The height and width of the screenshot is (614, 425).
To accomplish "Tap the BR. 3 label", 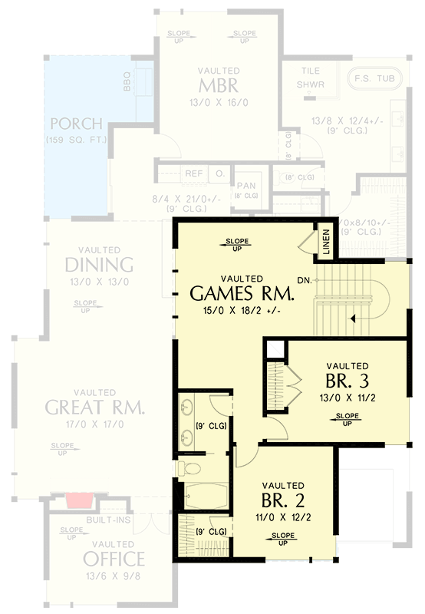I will [347, 381].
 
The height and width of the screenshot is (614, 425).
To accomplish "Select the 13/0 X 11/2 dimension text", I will [347, 398].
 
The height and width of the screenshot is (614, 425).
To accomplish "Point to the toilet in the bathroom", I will [189, 467].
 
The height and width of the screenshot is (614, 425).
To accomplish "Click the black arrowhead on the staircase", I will [353, 317].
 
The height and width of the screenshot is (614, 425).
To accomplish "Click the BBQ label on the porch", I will [127, 81].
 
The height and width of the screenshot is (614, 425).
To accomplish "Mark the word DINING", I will [99, 266].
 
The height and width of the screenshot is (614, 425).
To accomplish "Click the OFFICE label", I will [114, 558].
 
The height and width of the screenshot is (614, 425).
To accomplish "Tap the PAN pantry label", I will [245, 186].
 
